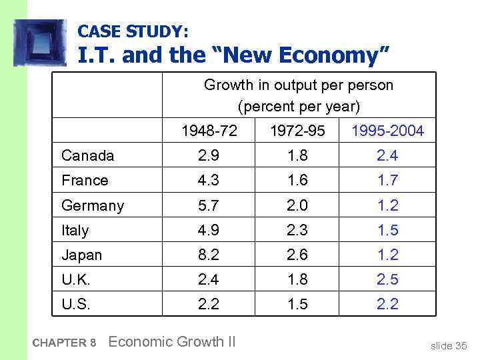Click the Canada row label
pos(87,156)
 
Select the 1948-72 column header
pos(209,131)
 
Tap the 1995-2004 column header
pos(388,131)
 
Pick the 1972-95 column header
pos(298,131)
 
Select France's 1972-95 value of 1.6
pos(298,181)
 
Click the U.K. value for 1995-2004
pos(388,279)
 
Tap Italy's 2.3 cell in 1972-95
pos(298,230)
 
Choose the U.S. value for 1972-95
pos(298,304)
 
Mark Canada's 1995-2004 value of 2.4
pos(388,156)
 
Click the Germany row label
pos(92,205)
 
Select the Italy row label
pos(75,230)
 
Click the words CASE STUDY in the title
pos(133,31)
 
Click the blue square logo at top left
pos(40,41)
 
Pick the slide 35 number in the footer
pos(449,345)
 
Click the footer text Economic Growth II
pos(171,342)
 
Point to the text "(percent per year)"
pos(298,106)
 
